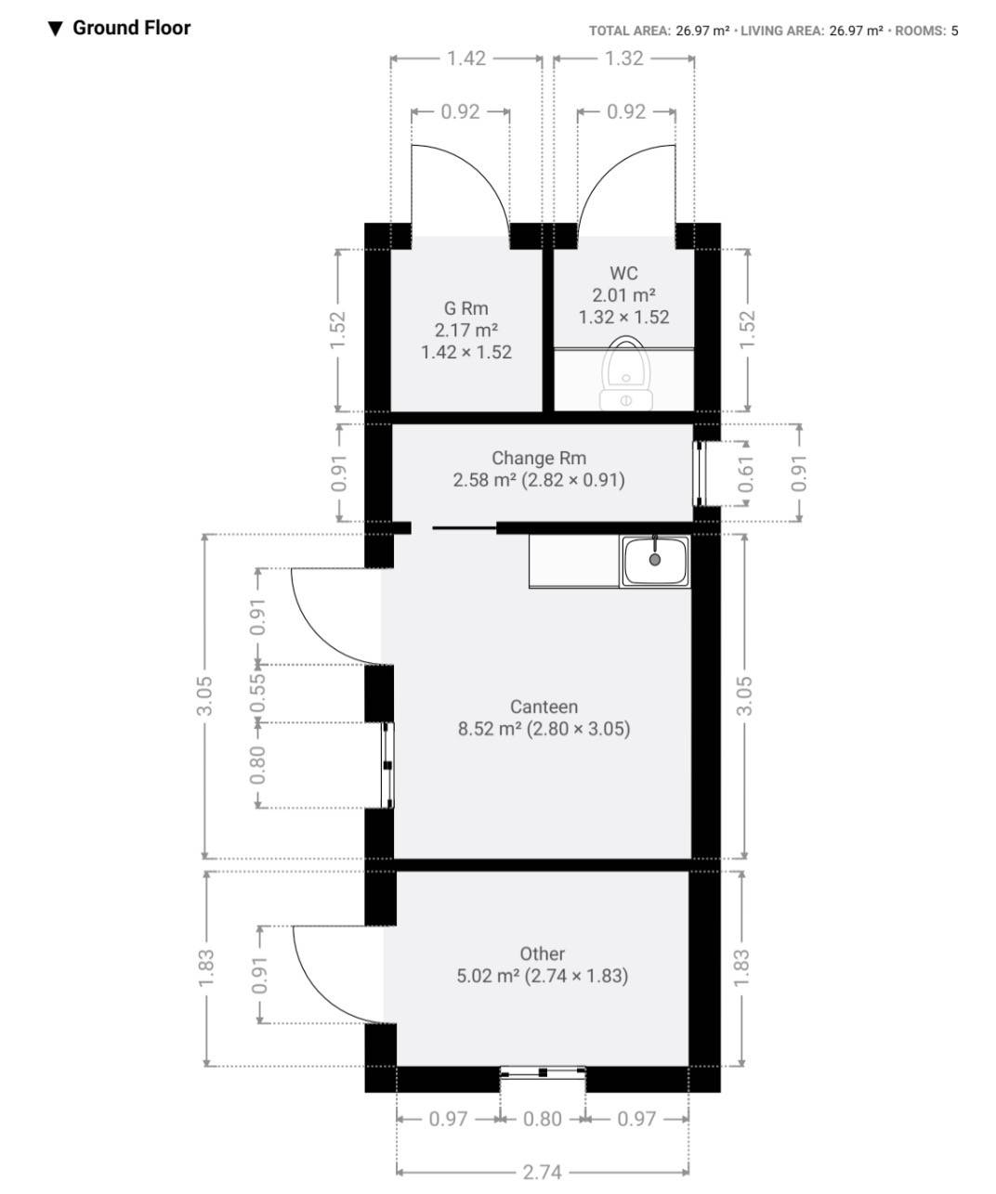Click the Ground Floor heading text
pos(131,28)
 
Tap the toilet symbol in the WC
pos(625,373)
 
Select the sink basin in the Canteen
pos(655,561)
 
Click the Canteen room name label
pos(544,707)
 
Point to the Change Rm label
pos(539,458)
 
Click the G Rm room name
pos(465,308)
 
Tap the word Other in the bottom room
pos(542,954)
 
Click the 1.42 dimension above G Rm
pos(465,58)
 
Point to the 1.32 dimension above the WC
pos(624,58)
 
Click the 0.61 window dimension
pos(746,474)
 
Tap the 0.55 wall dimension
pos(258,693)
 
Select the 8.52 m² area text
pos(490,729)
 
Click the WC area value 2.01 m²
pos(623,295)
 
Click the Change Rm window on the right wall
pos(699,474)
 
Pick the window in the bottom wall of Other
pos(543,1072)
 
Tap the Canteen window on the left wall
pos(388,765)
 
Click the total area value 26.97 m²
pos(702,31)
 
